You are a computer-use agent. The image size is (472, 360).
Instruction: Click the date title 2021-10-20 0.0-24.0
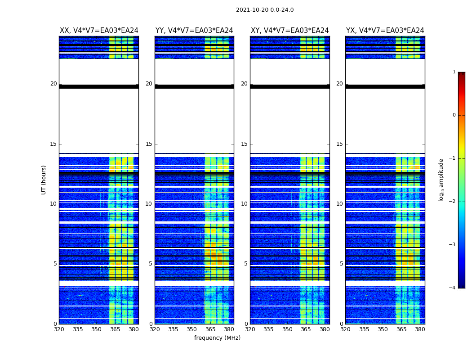[x=265, y=10]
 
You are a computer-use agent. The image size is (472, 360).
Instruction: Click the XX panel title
[x=99, y=31]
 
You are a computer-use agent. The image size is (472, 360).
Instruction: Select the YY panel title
[x=194, y=31]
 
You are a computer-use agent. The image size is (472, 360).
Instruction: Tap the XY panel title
[x=289, y=31]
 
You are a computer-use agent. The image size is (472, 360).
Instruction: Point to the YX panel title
[x=385, y=31]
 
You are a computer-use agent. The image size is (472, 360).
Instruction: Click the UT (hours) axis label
[x=44, y=180]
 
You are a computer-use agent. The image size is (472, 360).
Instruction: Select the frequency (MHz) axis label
[x=217, y=338]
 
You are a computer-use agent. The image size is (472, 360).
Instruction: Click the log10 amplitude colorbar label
[x=441, y=180]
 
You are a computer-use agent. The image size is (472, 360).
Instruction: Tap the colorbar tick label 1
[x=454, y=72]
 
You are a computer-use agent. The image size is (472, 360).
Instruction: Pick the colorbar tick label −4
[x=453, y=288]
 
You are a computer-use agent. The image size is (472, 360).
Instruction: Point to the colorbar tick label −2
[x=453, y=202]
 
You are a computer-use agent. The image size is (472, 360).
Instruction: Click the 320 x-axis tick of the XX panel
[x=59, y=329]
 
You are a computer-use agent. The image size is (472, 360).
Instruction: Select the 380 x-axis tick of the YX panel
[x=420, y=329]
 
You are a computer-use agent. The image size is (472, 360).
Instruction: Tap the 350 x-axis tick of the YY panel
[x=192, y=329]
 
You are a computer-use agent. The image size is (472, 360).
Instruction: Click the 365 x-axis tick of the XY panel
[x=306, y=329]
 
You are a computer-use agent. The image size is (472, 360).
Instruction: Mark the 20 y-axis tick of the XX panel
[x=53, y=84]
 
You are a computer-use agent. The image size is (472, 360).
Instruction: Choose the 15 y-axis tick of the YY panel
[x=149, y=144]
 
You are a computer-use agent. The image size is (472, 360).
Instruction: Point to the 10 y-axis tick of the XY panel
[x=244, y=204]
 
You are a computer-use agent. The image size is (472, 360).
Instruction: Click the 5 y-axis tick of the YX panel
[x=342, y=264]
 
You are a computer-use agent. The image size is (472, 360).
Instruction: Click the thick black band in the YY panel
[x=194, y=86]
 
